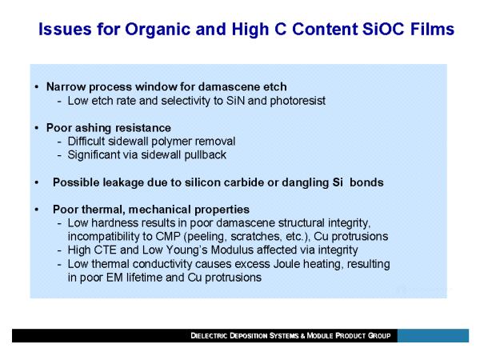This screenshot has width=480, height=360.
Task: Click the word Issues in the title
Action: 65,30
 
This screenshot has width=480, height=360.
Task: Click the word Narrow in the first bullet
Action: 66,87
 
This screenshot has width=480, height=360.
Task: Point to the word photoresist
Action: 298,101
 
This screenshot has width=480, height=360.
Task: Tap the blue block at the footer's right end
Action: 433,336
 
